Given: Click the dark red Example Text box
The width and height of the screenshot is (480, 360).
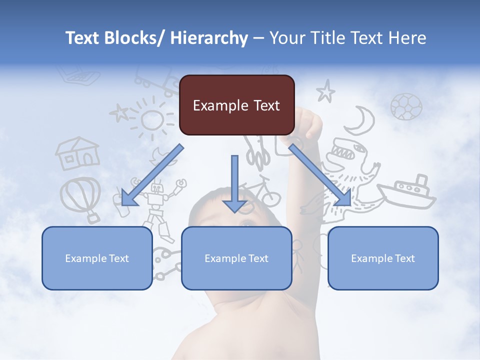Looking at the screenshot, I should pos(236,105).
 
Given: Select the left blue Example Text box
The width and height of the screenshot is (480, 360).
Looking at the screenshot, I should pos(97,258).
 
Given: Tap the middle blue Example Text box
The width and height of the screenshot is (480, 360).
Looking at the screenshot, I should pos(236,258).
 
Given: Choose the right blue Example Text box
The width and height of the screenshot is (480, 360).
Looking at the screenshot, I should pos(383,258).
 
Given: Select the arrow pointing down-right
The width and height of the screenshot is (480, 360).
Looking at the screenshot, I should pos(320,175).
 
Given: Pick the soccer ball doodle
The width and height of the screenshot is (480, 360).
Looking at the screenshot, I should pos(406,106).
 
